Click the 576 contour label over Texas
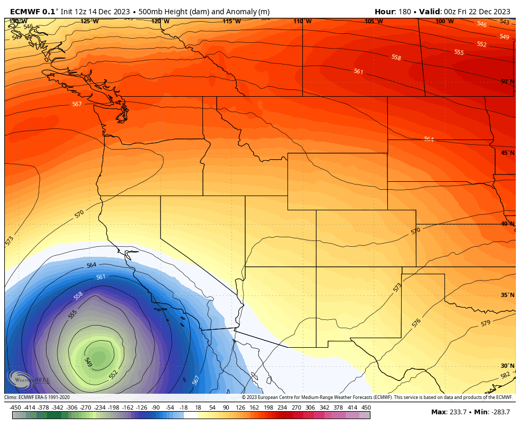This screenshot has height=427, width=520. pos(416,322)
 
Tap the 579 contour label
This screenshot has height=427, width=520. pos(486,323)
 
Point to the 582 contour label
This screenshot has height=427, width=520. pos(505,375)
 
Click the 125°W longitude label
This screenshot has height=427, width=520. pos(89,21)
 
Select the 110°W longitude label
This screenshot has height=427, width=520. pos(302,21)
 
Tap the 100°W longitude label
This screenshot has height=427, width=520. pos(444,21)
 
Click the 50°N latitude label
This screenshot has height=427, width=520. pos(507,81)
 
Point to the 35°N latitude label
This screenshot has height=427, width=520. pos(507,295)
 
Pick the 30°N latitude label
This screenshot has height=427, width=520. pos(507,366)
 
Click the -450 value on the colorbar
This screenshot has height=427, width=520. pos(15,407)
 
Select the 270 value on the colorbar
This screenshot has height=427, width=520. pos(296,407)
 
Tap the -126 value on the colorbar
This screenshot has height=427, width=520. pos(142,407)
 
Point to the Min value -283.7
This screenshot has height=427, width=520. pos(499,412)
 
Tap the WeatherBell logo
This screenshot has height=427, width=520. pos(29,379)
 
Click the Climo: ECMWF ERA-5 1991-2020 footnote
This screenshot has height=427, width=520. pos(37,397)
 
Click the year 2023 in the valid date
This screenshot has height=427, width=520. pos(500,12)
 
